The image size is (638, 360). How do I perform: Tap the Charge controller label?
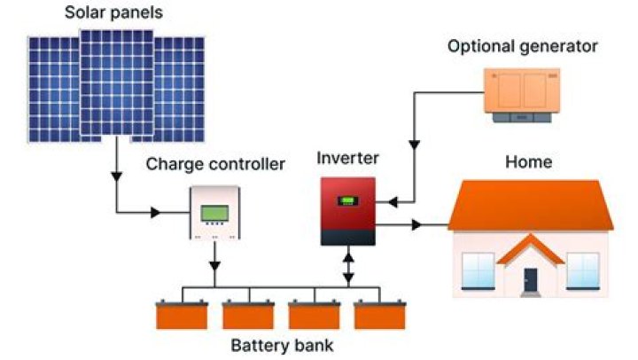point(216,164)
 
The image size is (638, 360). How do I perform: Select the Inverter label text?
point(347,160)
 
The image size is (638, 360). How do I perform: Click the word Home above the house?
point(528,162)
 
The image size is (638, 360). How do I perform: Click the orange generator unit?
point(522,89)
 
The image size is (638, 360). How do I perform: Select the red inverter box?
point(348,210)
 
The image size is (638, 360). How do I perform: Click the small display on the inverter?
point(347,200)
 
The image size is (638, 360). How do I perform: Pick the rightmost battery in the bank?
point(379,314)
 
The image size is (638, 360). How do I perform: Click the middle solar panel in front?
point(117,82)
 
